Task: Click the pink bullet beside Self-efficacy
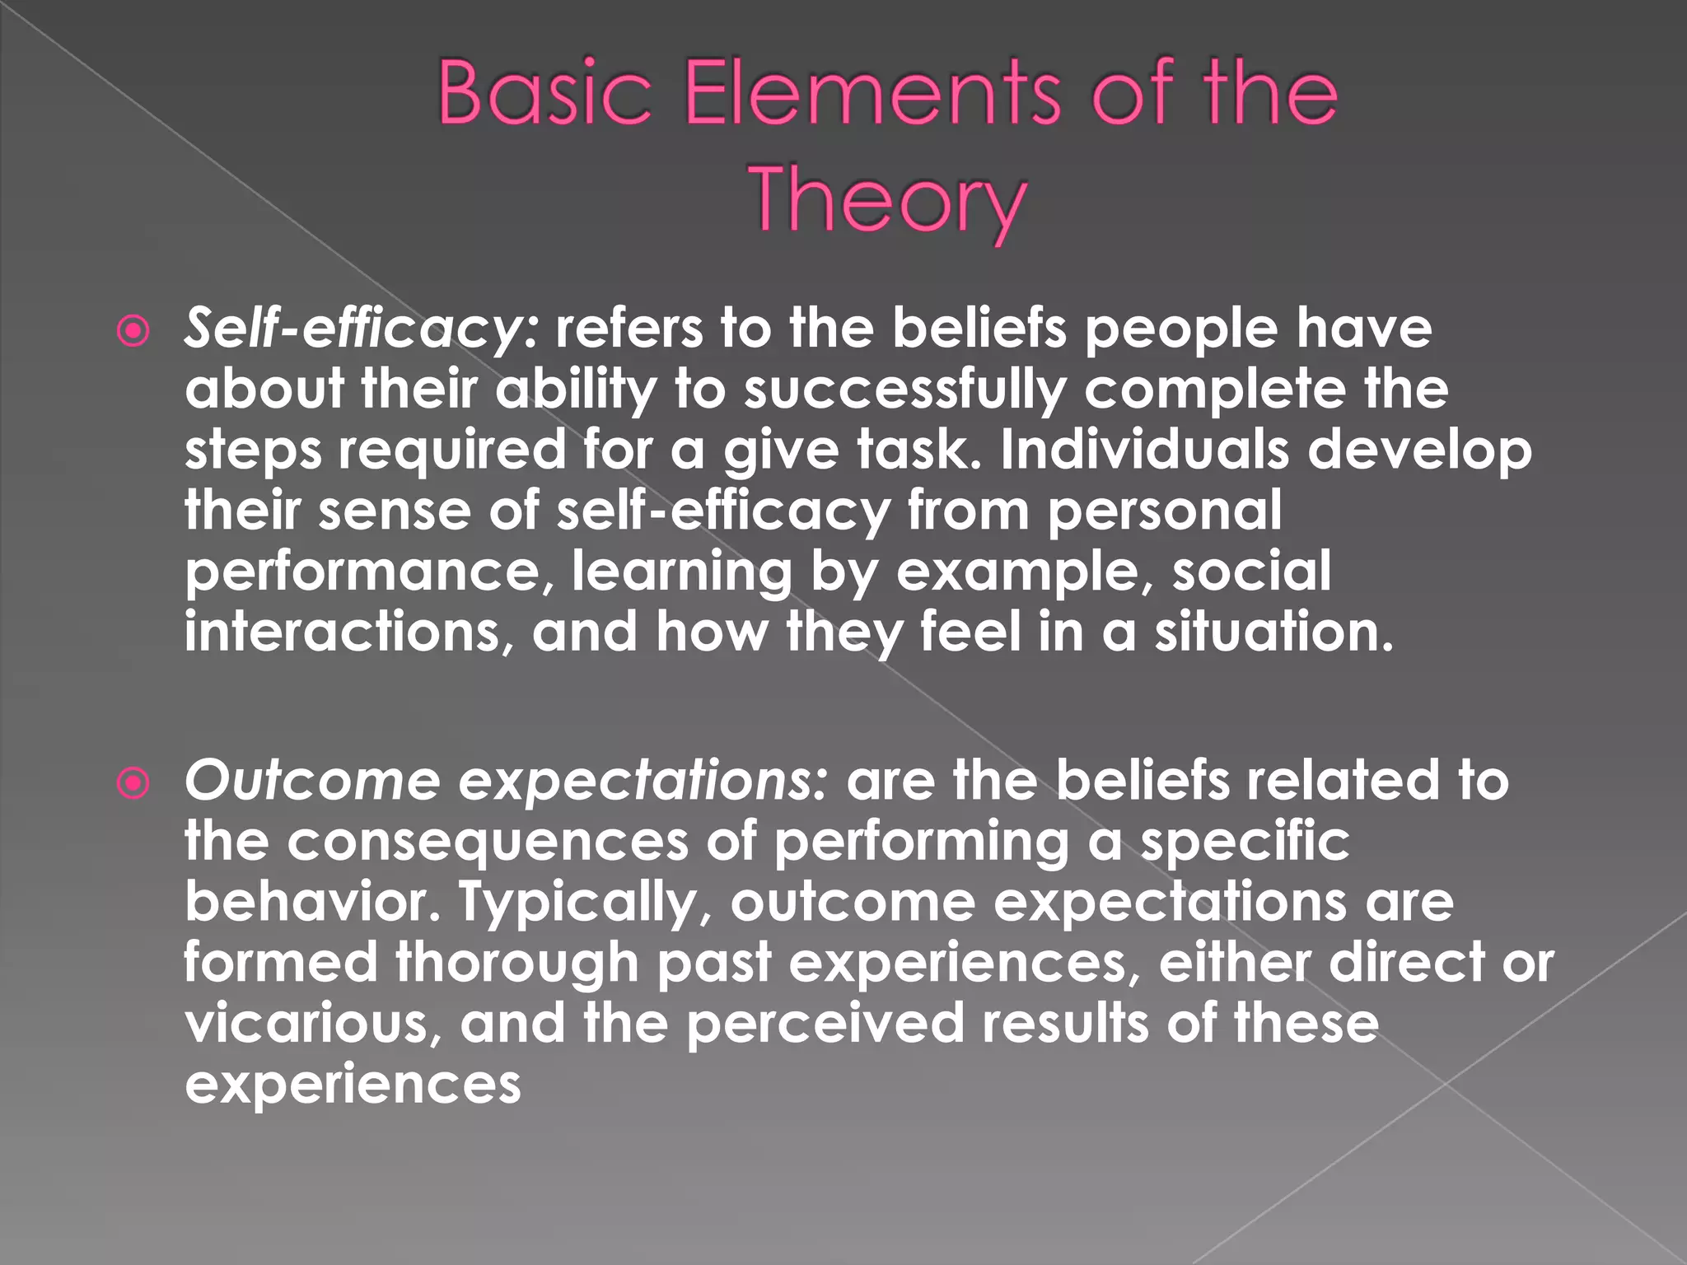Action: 133,332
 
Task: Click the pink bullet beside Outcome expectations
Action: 133,783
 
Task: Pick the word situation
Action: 1273,632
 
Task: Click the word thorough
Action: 517,962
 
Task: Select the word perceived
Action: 825,1023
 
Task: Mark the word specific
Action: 1245,842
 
